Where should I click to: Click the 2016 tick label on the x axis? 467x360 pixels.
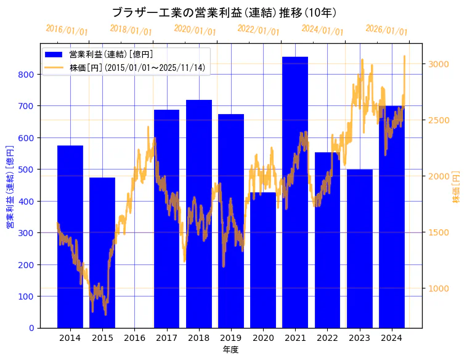pyautogui.click(x=134, y=338)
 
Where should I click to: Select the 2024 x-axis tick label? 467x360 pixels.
pyautogui.click(x=392, y=338)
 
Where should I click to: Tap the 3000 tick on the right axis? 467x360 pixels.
pyautogui.click(x=438, y=64)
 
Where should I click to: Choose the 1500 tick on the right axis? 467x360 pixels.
pyautogui.click(x=438, y=232)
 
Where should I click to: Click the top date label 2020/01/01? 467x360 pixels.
pyautogui.click(x=195, y=30)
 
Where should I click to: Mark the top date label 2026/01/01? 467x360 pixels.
pyautogui.click(x=386, y=30)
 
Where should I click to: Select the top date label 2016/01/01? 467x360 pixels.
pyautogui.click(x=67, y=30)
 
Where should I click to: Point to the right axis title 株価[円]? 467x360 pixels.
pyautogui.click(x=456, y=187)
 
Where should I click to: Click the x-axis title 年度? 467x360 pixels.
pyautogui.click(x=230, y=350)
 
